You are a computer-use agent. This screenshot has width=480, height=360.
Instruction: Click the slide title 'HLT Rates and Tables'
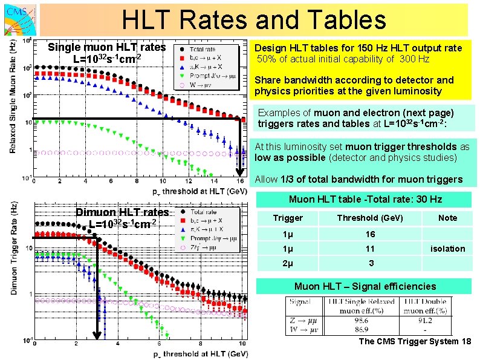tap(254, 19)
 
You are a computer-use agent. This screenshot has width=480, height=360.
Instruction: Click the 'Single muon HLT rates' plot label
tap(106, 47)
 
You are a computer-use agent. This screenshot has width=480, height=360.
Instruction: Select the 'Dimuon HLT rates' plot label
tap(122, 212)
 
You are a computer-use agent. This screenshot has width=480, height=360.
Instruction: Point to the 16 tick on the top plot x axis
tap(239, 182)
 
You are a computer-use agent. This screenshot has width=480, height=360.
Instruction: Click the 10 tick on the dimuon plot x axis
tap(244, 345)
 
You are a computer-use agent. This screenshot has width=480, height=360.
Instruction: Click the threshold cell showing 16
tap(370, 234)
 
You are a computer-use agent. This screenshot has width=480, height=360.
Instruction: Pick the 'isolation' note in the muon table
tap(447, 249)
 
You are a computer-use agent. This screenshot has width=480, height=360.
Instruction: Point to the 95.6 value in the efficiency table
tap(361, 319)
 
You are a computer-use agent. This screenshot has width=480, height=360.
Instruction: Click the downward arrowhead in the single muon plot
tap(239, 172)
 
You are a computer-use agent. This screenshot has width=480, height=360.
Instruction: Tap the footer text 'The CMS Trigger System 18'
tap(415, 342)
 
